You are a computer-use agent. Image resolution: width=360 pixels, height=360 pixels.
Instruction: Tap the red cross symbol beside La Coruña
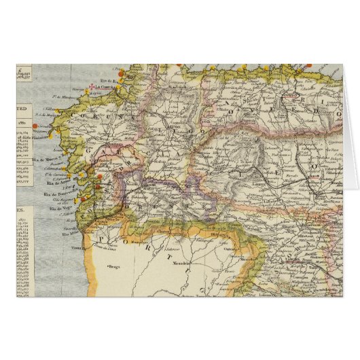[87, 87]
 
